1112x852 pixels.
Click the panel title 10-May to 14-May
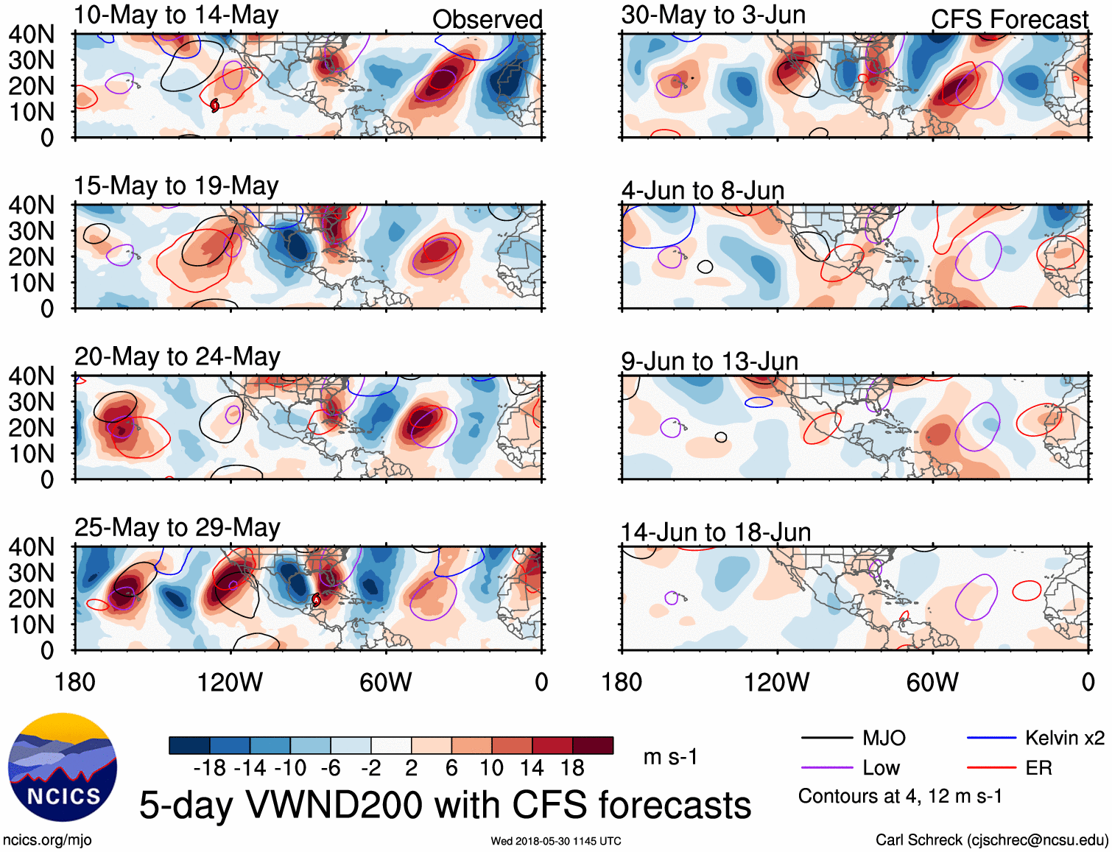click(176, 15)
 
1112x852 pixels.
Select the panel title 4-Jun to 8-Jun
click(703, 191)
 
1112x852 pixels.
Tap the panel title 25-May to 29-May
click(177, 528)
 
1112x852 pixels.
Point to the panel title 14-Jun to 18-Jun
click(715, 532)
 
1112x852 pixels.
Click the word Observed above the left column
click(487, 20)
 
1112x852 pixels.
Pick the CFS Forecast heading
click(1009, 20)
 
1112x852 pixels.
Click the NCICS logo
click(63, 767)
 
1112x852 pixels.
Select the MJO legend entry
click(883, 738)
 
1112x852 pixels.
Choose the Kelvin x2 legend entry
click(1064, 738)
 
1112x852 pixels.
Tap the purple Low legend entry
click(881, 768)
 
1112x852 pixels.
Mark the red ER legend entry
click(1038, 768)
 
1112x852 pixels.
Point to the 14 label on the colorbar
click(532, 768)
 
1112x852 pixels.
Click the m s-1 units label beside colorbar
click(670, 757)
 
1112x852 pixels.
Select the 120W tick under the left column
click(230, 682)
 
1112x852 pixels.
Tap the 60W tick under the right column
click(932, 682)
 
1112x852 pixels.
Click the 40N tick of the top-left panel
click(32, 35)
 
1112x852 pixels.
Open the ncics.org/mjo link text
click(47, 840)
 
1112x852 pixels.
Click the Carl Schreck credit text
click(991, 840)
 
